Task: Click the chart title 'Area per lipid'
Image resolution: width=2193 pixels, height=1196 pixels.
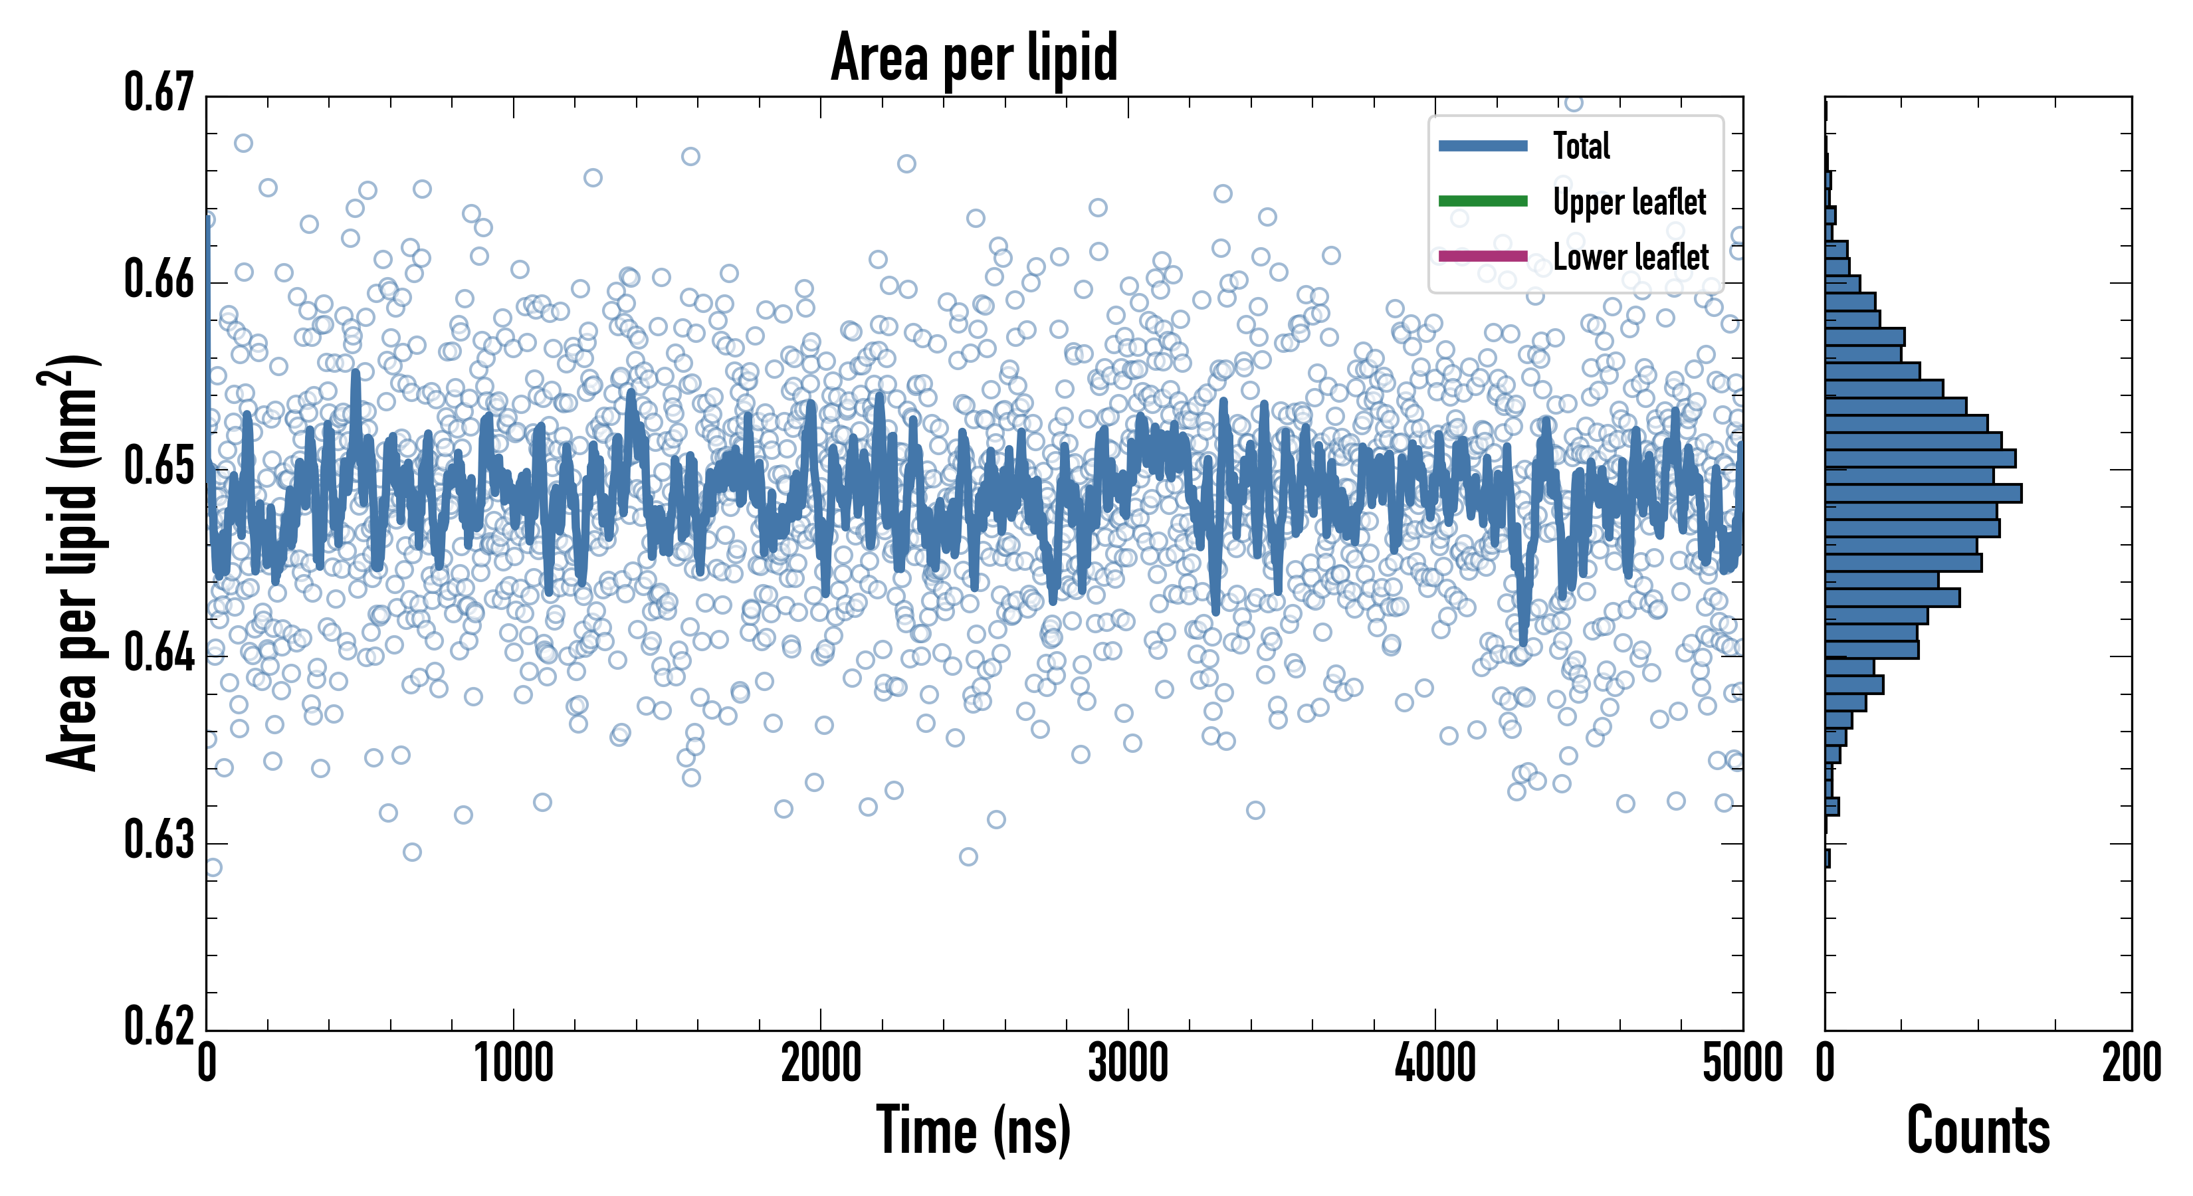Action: click(x=974, y=57)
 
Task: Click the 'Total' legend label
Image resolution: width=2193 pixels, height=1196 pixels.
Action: click(x=1581, y=146)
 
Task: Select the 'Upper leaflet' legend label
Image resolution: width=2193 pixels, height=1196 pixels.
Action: click(x=1629, y=202)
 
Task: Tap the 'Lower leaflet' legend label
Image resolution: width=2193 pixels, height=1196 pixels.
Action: click(x=1630, y=256)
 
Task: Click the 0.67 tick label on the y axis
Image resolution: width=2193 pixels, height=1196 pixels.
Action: click(x=159, y=93)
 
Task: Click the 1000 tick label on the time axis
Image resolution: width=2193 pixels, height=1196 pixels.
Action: click(x=513, y=1064)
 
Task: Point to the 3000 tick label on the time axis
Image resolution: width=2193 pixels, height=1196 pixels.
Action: click(x=1128, y=1064)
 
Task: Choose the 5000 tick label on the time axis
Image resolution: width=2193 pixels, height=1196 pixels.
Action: click(x=1742, y=1064)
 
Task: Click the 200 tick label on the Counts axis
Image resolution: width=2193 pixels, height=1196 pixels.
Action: click(x=2131, y=1064)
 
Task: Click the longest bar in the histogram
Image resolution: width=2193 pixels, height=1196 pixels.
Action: click(x=1923, y=493)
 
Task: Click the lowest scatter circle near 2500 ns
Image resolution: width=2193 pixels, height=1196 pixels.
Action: click(x=968, y=856)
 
